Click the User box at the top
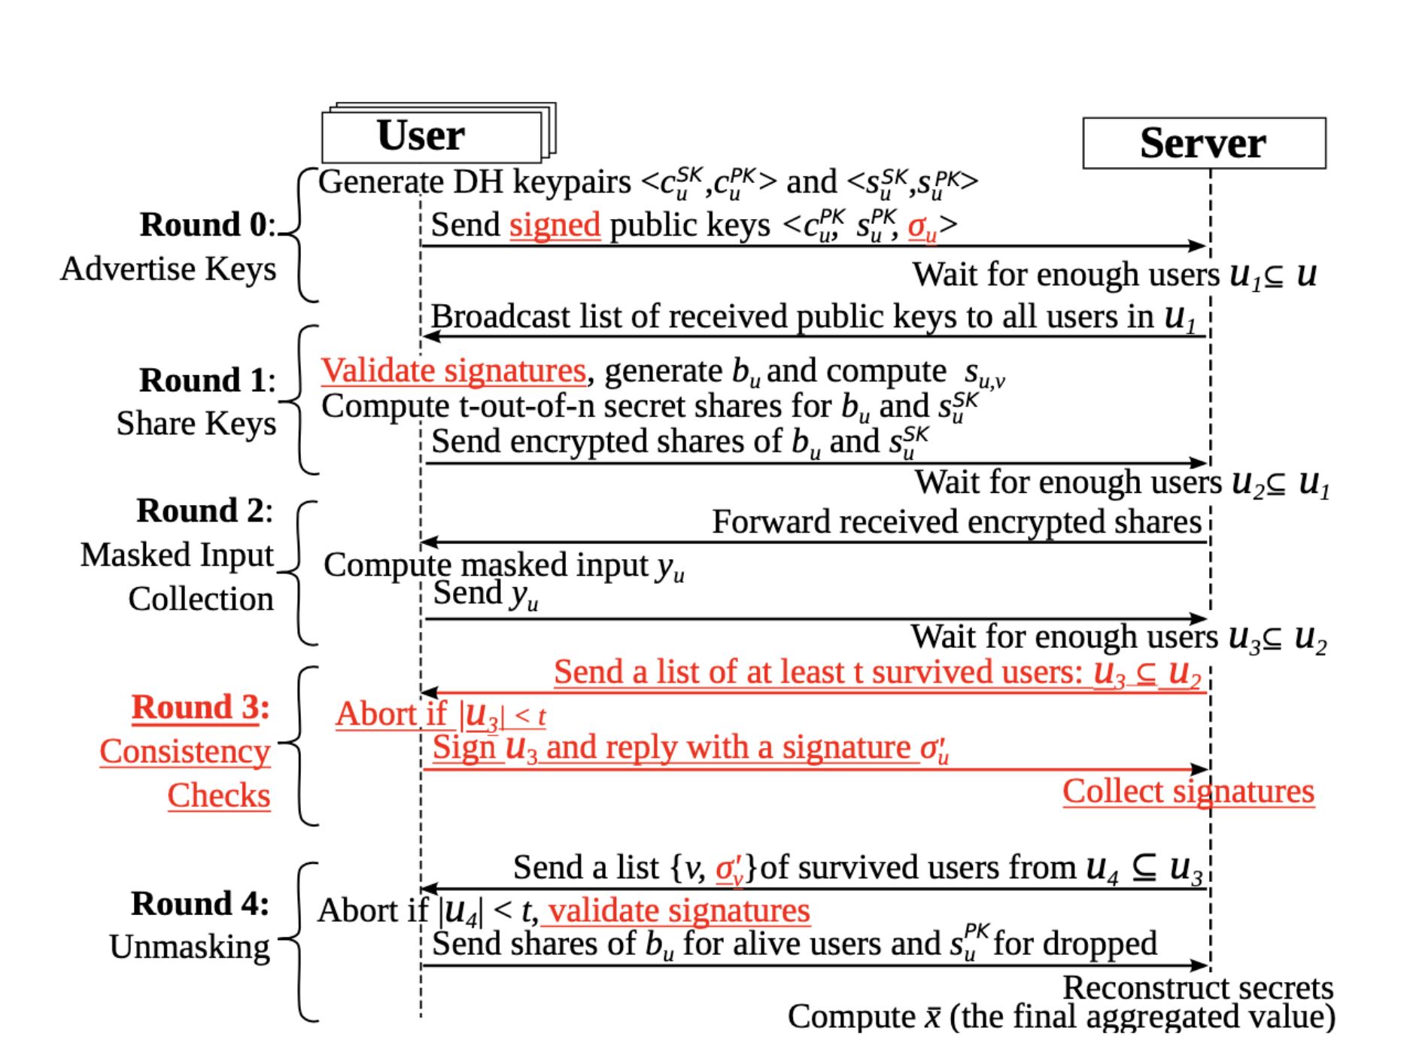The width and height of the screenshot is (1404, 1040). [430, 136]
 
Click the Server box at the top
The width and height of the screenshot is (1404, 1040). [1203, 143]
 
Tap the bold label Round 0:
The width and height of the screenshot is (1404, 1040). [207, 225]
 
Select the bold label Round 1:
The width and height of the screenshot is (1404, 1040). [207, 381]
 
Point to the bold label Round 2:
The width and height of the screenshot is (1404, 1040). [204, 511]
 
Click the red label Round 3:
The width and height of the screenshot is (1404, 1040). [200, 708]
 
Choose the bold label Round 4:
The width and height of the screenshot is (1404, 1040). [199, 904]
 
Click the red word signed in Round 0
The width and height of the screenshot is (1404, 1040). [555, 225]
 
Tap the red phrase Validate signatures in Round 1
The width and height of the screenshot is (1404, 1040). [453, 370]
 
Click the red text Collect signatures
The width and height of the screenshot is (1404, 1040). [1188, 792]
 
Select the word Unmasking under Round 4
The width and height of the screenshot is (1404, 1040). [190, 947]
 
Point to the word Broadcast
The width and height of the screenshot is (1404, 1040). [500, 317]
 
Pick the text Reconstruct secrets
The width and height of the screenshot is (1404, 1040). [1197, 988]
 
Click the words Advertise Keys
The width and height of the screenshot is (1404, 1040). [169, 269]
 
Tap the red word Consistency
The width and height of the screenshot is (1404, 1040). [185, 752]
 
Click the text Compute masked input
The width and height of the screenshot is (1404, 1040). [486, 565]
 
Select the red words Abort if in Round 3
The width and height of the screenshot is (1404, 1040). [391, 714]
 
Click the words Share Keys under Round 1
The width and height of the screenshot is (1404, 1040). [196, 424]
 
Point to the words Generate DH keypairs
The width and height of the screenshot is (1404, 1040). [474, 182]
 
